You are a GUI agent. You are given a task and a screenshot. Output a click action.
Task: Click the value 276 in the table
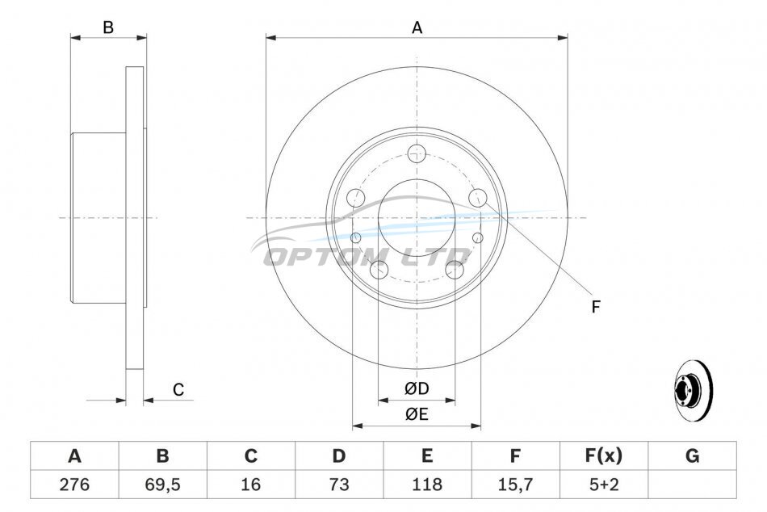tap(74, 485)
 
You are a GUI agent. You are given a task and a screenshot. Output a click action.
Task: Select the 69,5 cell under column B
tap(162, 485)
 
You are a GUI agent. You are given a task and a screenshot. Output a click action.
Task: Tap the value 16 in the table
tap(250, 485)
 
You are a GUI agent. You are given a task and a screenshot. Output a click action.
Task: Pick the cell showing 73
tap(339, 485)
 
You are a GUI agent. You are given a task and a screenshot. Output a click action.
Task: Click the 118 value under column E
tap(427, 485)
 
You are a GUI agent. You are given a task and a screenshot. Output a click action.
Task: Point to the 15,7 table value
tap(515, 485)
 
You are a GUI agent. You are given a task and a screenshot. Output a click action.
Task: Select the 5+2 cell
tap(604, 485)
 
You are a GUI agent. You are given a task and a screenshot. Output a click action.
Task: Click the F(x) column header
tap(604, 455)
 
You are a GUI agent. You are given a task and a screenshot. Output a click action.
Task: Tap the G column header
tap(692, 455)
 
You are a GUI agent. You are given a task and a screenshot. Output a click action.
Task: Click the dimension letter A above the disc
tap(417, 28)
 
